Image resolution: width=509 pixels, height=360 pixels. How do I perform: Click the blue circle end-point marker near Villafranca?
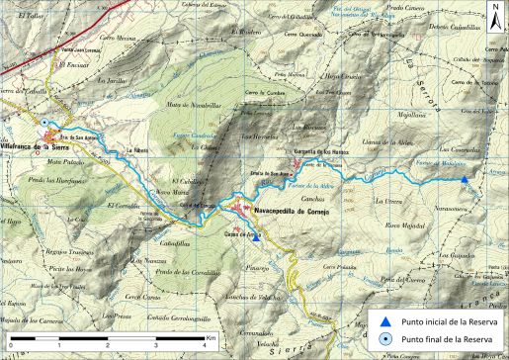point(45,123)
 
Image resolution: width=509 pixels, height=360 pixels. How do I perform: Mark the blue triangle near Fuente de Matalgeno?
point(465,179)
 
